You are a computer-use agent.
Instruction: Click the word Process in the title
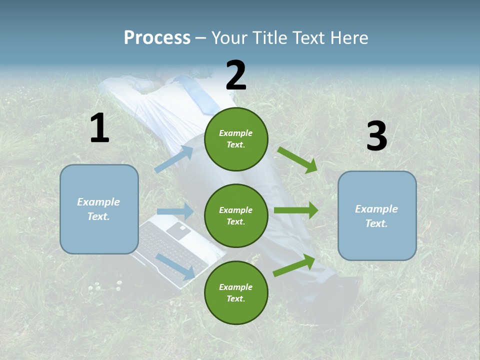click(157, 37)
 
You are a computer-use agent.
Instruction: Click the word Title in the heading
click(269, 37)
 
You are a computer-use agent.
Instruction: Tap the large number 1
click(99, 128)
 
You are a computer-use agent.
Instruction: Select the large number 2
click(236, 75)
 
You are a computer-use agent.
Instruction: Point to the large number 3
click(376, 136)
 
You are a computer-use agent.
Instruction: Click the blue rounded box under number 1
click(99, 209)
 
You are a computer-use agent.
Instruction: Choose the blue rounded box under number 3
click(377, 216)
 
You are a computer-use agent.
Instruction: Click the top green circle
click(236, 139)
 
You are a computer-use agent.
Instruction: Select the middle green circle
click(236, 215)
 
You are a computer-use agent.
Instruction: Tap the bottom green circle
click(236, 292)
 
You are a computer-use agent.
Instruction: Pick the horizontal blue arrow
click(174, 211)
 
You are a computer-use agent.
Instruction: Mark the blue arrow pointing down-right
click(175, 266)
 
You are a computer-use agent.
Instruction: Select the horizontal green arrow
click(295, 210)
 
